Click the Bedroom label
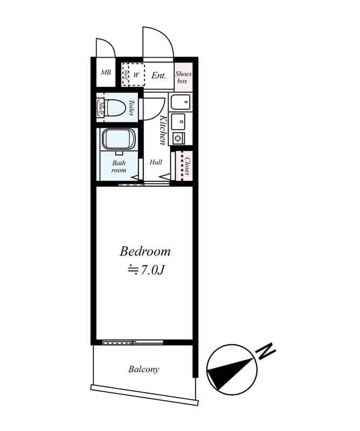145,252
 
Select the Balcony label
144,369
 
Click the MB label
106,72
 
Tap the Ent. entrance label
159,75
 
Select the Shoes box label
183,77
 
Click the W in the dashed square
136,75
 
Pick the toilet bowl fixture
115,108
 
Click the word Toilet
131,107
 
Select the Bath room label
119,166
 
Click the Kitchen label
164,130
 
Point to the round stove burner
178,137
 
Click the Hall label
156,162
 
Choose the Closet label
188,166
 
